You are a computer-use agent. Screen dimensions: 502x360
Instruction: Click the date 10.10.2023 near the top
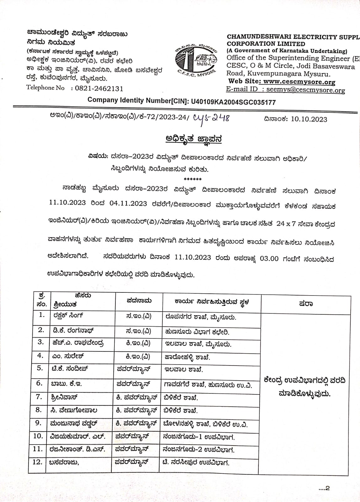coord(309,119)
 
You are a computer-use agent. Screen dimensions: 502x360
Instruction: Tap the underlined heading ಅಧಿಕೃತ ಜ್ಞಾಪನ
coord(193,139)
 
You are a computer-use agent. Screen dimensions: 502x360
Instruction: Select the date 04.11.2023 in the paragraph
coord(128,203)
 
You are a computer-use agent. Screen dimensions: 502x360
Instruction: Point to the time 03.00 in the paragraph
coord(269,259)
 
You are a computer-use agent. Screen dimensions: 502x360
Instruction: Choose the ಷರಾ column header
coord(305,304)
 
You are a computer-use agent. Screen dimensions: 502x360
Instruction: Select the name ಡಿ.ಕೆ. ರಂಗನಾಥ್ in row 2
coord(73,330)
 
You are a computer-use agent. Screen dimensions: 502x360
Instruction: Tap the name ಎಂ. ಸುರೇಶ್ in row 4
coord(68,356)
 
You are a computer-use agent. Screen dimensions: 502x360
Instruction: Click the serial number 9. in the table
coord(38,423)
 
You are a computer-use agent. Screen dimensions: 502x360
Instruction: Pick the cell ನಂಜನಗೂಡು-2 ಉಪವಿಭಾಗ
coord(199,450)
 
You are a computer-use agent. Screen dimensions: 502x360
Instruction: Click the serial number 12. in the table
coord(37,462)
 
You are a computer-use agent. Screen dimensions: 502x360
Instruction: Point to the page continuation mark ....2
coord(324,488)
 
